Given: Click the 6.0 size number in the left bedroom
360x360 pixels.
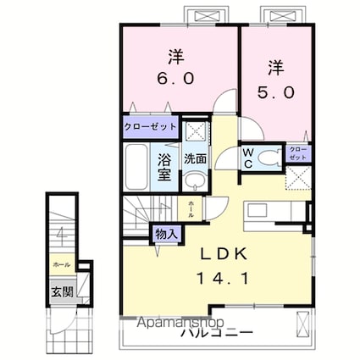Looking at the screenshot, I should [175, 76].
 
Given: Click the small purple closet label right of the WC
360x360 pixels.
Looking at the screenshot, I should [299, 153].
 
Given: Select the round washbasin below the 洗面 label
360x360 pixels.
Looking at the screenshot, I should [194, 180].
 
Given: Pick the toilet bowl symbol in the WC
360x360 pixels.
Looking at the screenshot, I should [270, 157].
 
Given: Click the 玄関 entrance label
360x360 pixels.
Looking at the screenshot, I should [59, 292].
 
